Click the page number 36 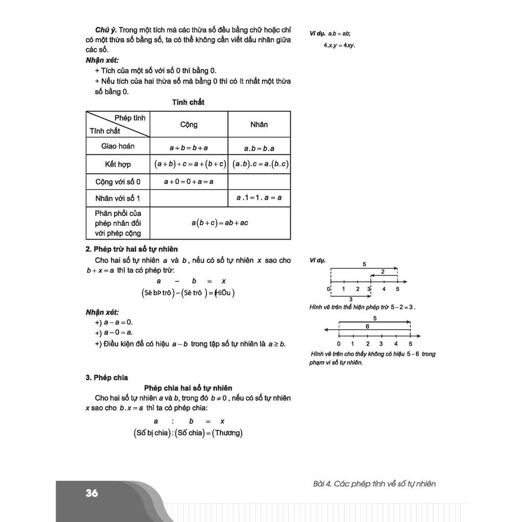92,493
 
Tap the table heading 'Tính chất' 189,102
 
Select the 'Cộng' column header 189,124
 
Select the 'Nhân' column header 259,124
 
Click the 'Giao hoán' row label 118,146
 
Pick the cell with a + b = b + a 189,148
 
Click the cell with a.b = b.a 259,148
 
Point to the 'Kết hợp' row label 118,164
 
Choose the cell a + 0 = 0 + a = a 189,181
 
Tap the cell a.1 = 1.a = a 259,198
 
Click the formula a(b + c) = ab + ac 220,223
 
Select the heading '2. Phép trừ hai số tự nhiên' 132,249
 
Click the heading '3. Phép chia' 107,378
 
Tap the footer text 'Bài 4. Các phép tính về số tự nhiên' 374,484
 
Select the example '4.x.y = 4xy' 339,45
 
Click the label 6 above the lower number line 367,326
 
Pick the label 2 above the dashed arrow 383,272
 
